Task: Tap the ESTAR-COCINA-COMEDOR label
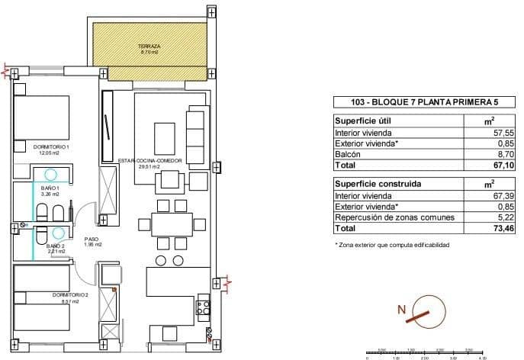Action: tap(144, 162)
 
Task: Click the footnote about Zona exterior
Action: tap(392, 245)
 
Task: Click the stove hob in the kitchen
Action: tap(204, 308)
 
